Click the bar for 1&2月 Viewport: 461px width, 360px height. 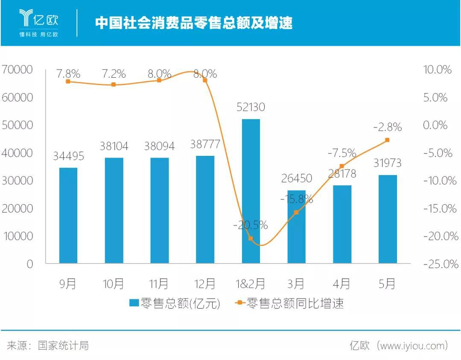tap(251, 191)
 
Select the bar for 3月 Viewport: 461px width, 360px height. tap(296, 227)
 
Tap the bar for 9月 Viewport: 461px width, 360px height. tap(68, 215)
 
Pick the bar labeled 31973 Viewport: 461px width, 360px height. tap(388, 219)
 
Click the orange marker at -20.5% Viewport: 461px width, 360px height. tap(251, 238)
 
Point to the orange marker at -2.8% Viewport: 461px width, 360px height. tap(387, 140)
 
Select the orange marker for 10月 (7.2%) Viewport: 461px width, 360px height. tap(114, 85)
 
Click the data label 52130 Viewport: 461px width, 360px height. tap(251, 107)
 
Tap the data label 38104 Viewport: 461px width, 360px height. tap(114, 146)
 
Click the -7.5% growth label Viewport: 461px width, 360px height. tap(341, 153)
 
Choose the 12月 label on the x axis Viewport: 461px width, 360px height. tap(205, 284)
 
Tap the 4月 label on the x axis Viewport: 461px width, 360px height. tap(341, 284)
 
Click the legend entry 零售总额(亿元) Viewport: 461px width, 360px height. tap(175, 303)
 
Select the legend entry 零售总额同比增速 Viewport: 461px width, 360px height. tap(290, 303)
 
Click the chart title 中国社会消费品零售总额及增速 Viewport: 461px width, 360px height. tap(194, 22)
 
